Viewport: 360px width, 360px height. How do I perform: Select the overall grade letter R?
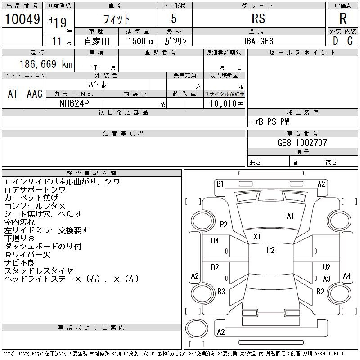point(343,18)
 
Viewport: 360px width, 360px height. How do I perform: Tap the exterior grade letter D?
point(335,40)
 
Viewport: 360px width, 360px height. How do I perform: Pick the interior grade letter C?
point(350,40)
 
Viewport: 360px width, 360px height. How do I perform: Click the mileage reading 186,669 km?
point(45,64)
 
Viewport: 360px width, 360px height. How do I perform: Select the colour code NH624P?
point(75,103)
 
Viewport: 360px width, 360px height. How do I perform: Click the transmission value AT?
point(13,94)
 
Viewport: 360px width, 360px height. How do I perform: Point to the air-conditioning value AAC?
point(35,94)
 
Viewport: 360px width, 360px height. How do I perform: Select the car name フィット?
point(116,19)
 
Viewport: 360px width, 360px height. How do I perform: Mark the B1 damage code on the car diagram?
point(220,184)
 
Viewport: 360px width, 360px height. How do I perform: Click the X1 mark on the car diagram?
point(257,236)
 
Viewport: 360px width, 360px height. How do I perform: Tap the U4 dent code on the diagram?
point(215,241)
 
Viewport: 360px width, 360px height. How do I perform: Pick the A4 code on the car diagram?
point(346,275)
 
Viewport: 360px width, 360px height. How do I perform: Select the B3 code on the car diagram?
point(221,291)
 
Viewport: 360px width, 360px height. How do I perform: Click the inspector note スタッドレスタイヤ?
point(39,270)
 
